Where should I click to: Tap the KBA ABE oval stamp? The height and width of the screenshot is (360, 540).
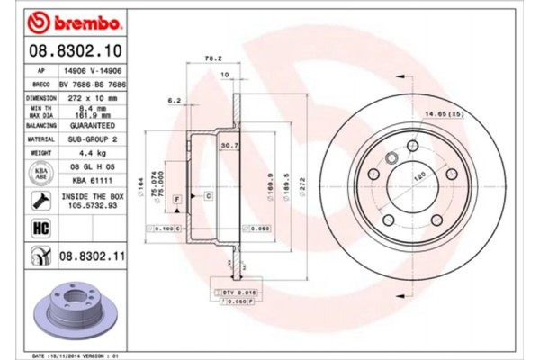(x=40, y=172)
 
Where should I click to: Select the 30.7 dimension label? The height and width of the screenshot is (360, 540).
(x=229, y=146)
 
